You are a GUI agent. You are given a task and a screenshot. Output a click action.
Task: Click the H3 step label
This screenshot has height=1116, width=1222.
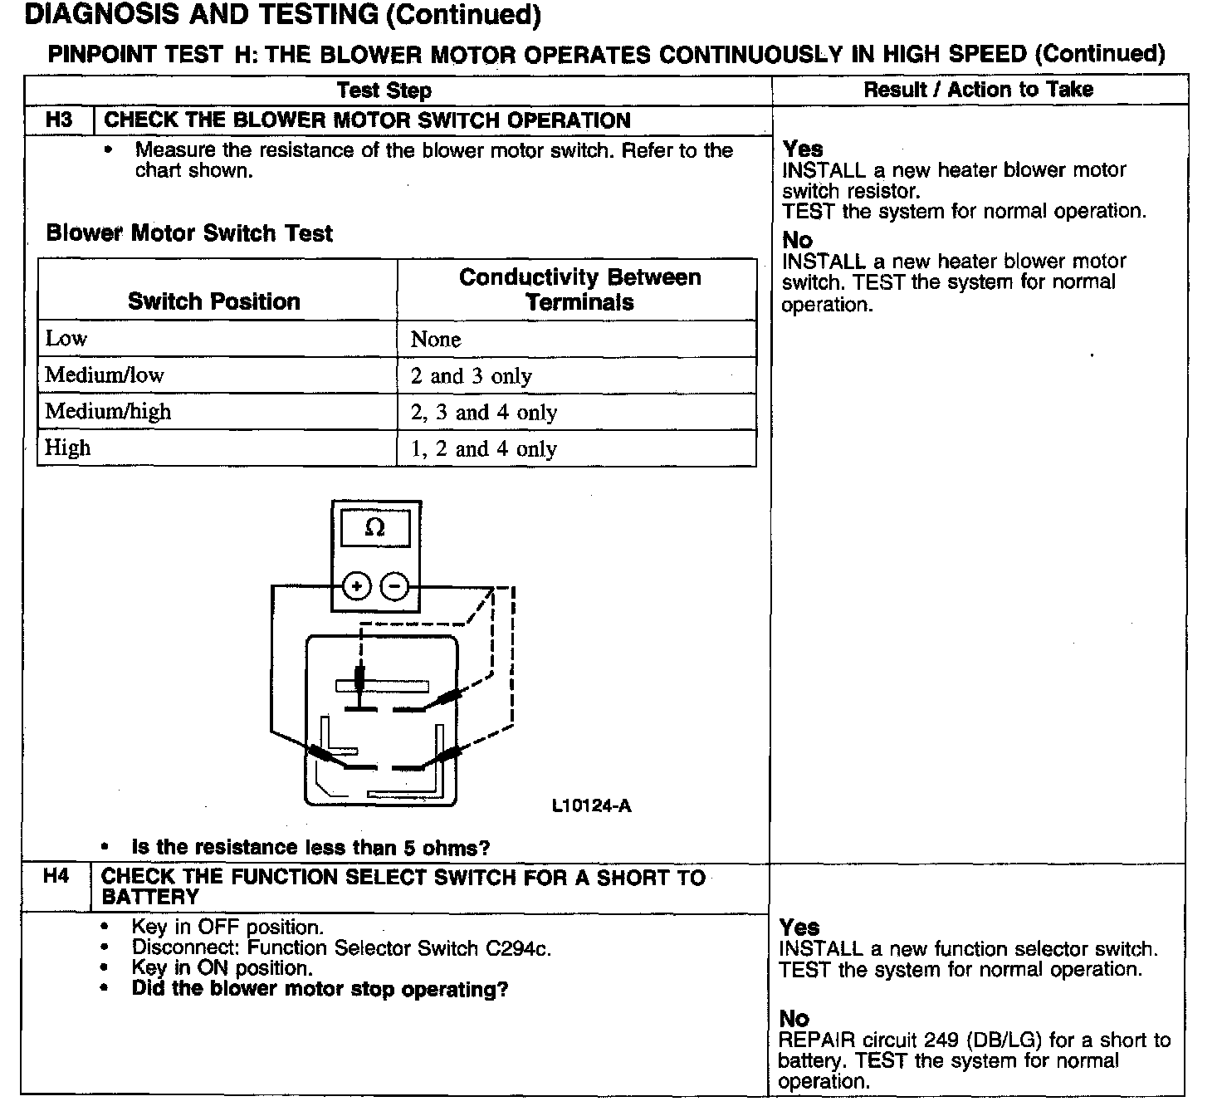point(59,120)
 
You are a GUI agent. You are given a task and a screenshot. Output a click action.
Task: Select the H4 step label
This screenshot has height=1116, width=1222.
point(56,876)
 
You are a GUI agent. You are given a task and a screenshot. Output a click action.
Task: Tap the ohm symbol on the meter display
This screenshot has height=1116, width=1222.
point(375,528)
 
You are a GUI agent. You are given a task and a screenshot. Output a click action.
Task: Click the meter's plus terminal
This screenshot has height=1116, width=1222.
point(357,586)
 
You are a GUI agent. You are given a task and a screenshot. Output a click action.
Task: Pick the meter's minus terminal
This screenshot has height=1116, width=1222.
point(394,586)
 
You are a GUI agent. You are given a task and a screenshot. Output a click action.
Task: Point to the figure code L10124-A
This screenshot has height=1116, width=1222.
point(591,805)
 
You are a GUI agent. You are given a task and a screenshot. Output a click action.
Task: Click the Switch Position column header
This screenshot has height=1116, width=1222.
point(214,301)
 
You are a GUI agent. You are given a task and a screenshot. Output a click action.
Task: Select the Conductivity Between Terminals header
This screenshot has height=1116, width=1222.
point(579,289)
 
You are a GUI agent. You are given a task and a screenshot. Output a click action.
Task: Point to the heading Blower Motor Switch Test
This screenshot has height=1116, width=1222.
point(189,233)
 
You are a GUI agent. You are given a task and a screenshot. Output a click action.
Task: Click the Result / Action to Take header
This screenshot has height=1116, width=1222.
point(978,90)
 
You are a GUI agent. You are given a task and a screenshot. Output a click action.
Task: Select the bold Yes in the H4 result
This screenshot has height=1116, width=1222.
point(799,928)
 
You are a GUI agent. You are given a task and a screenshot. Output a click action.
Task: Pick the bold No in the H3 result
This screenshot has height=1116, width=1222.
point(797,241)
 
